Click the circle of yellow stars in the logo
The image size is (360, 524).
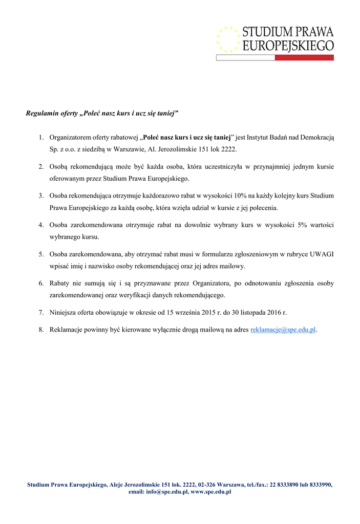click(x=228, y=39)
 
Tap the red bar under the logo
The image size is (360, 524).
click(x=304, y=58)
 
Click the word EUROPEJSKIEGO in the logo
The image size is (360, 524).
click(x=288, y=46)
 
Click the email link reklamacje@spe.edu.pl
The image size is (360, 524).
click(x=283, y=330)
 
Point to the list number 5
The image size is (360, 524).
click(x=40, y=254)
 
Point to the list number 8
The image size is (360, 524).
click(x=40, y=330)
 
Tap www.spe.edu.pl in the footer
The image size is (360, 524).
click(x=211, y=492)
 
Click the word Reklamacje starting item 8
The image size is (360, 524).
click(x=67, y=330)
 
